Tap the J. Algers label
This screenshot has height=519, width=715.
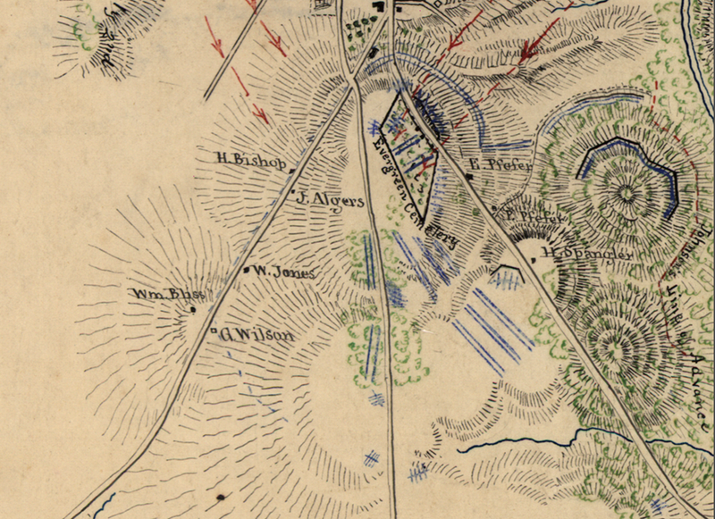[330, 201]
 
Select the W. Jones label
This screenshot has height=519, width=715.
[282, 272]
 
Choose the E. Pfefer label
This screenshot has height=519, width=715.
[500, 165]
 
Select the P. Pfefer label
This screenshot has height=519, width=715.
[536, 216]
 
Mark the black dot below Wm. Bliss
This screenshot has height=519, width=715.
[193, 309]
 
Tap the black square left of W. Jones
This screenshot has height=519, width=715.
[247, 269]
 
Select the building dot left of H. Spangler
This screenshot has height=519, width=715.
[534, 259]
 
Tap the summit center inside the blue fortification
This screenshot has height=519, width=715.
[627, 190]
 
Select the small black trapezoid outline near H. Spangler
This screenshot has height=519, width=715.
[506, 270]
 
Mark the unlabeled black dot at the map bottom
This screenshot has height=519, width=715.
[220, 495]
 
